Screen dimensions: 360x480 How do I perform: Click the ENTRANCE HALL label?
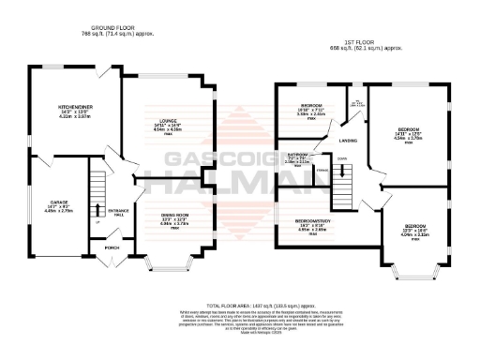[118, 212]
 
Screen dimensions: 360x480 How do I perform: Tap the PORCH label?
[113, 248]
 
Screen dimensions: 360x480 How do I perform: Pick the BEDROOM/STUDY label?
[302, 221]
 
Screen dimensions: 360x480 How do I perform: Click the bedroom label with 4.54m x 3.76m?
[406, 128]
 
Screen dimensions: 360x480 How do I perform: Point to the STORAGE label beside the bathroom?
[322, 170]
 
